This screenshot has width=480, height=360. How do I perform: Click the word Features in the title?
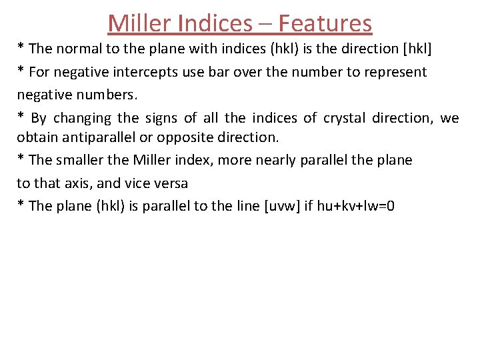tap(325, 24)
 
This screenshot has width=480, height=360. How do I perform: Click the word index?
tap(189, 161)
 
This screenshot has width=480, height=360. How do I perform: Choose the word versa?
tap(171, 183)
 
